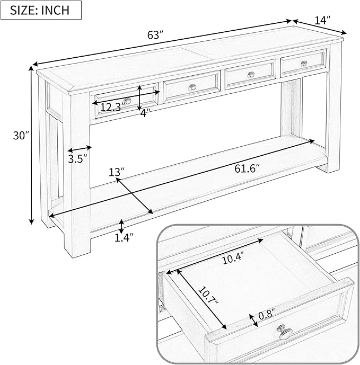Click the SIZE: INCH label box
42,10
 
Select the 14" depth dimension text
322,20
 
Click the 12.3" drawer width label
112,107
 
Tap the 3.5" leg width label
77,158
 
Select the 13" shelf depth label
117,172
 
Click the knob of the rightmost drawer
303,64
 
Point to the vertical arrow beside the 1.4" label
122,226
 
